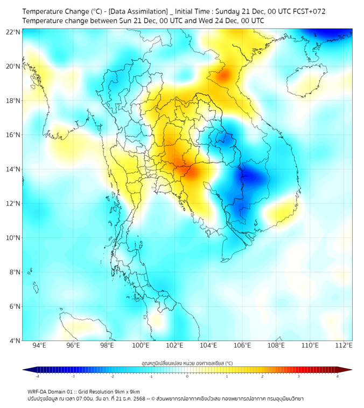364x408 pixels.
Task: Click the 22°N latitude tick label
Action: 14,32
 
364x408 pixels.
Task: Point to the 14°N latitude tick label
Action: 14,169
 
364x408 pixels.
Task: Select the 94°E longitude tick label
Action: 39,345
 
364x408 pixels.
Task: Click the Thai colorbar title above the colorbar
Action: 187,363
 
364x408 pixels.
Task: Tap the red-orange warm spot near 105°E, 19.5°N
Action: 224,75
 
